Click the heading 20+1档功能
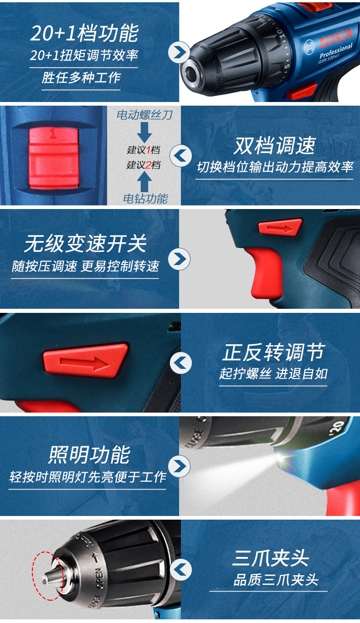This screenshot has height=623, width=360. coord(84,33)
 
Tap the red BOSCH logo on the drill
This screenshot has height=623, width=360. coord(336,37)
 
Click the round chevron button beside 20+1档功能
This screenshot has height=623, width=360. coord(179,52)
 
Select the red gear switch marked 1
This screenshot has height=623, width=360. coord(53,157)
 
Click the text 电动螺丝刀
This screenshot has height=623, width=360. coord(144,115)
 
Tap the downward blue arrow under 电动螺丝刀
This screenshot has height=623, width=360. coord(144,133)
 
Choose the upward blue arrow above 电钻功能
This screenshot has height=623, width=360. coord(144,181)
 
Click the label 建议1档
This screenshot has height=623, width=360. coord(143,150)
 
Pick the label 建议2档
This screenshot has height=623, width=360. coord(143,165)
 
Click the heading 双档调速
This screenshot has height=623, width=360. coord(275,145)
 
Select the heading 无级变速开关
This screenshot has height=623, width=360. coord(85,243)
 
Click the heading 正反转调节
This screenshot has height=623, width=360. coord(273,352)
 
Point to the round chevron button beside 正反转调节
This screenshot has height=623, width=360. coord(181,363)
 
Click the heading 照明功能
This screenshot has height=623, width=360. coord(89,455)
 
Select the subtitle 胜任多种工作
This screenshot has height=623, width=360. coord(81,77)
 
